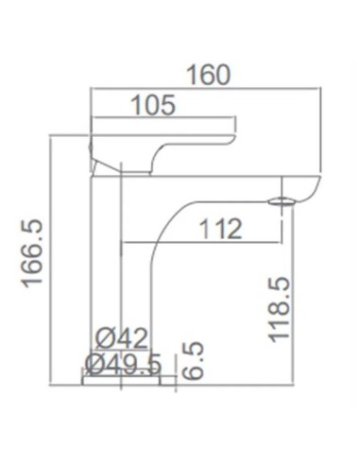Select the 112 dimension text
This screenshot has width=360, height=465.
(220, 229)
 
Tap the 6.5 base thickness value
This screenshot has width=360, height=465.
(193, 361)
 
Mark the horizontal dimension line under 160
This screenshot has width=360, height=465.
(207, 90)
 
